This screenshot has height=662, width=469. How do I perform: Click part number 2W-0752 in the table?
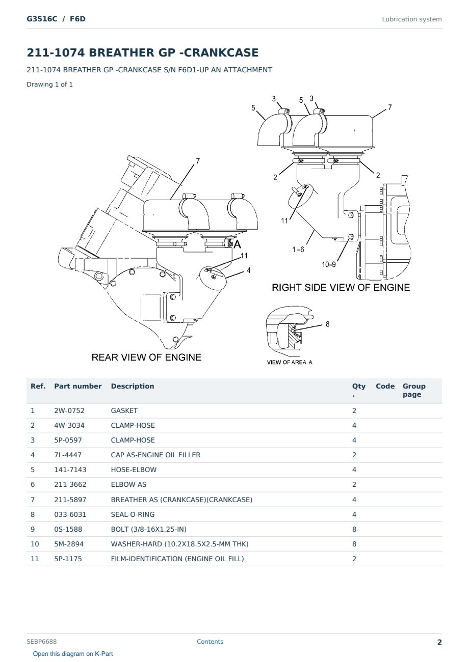69,410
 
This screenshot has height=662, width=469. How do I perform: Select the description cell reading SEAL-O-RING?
133,514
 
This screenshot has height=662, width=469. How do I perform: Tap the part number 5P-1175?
68,559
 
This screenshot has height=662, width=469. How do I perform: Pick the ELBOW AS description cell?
128,484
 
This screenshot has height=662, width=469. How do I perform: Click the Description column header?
132,386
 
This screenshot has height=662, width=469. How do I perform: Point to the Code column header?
385,386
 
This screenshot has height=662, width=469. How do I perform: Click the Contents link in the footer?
210,642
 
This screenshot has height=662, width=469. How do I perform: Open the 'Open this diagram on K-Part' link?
73,654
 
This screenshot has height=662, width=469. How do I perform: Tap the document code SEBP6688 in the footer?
41,642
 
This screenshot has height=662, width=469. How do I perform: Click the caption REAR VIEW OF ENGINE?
146,357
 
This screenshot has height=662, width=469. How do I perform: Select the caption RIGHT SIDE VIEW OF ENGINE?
341,287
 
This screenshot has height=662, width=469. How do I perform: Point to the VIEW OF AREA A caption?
290,363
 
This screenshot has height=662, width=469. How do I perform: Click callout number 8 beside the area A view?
328,324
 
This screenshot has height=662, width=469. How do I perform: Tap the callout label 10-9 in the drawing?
329,264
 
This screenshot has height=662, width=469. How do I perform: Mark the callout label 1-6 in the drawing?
298,250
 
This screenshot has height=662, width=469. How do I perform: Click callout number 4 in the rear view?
249,270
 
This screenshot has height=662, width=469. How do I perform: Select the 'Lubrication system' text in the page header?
412,19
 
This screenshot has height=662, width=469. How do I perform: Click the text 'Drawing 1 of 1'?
50,85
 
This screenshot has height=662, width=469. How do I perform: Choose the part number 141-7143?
70,470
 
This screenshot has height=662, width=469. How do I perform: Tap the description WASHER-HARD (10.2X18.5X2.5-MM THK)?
179,544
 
